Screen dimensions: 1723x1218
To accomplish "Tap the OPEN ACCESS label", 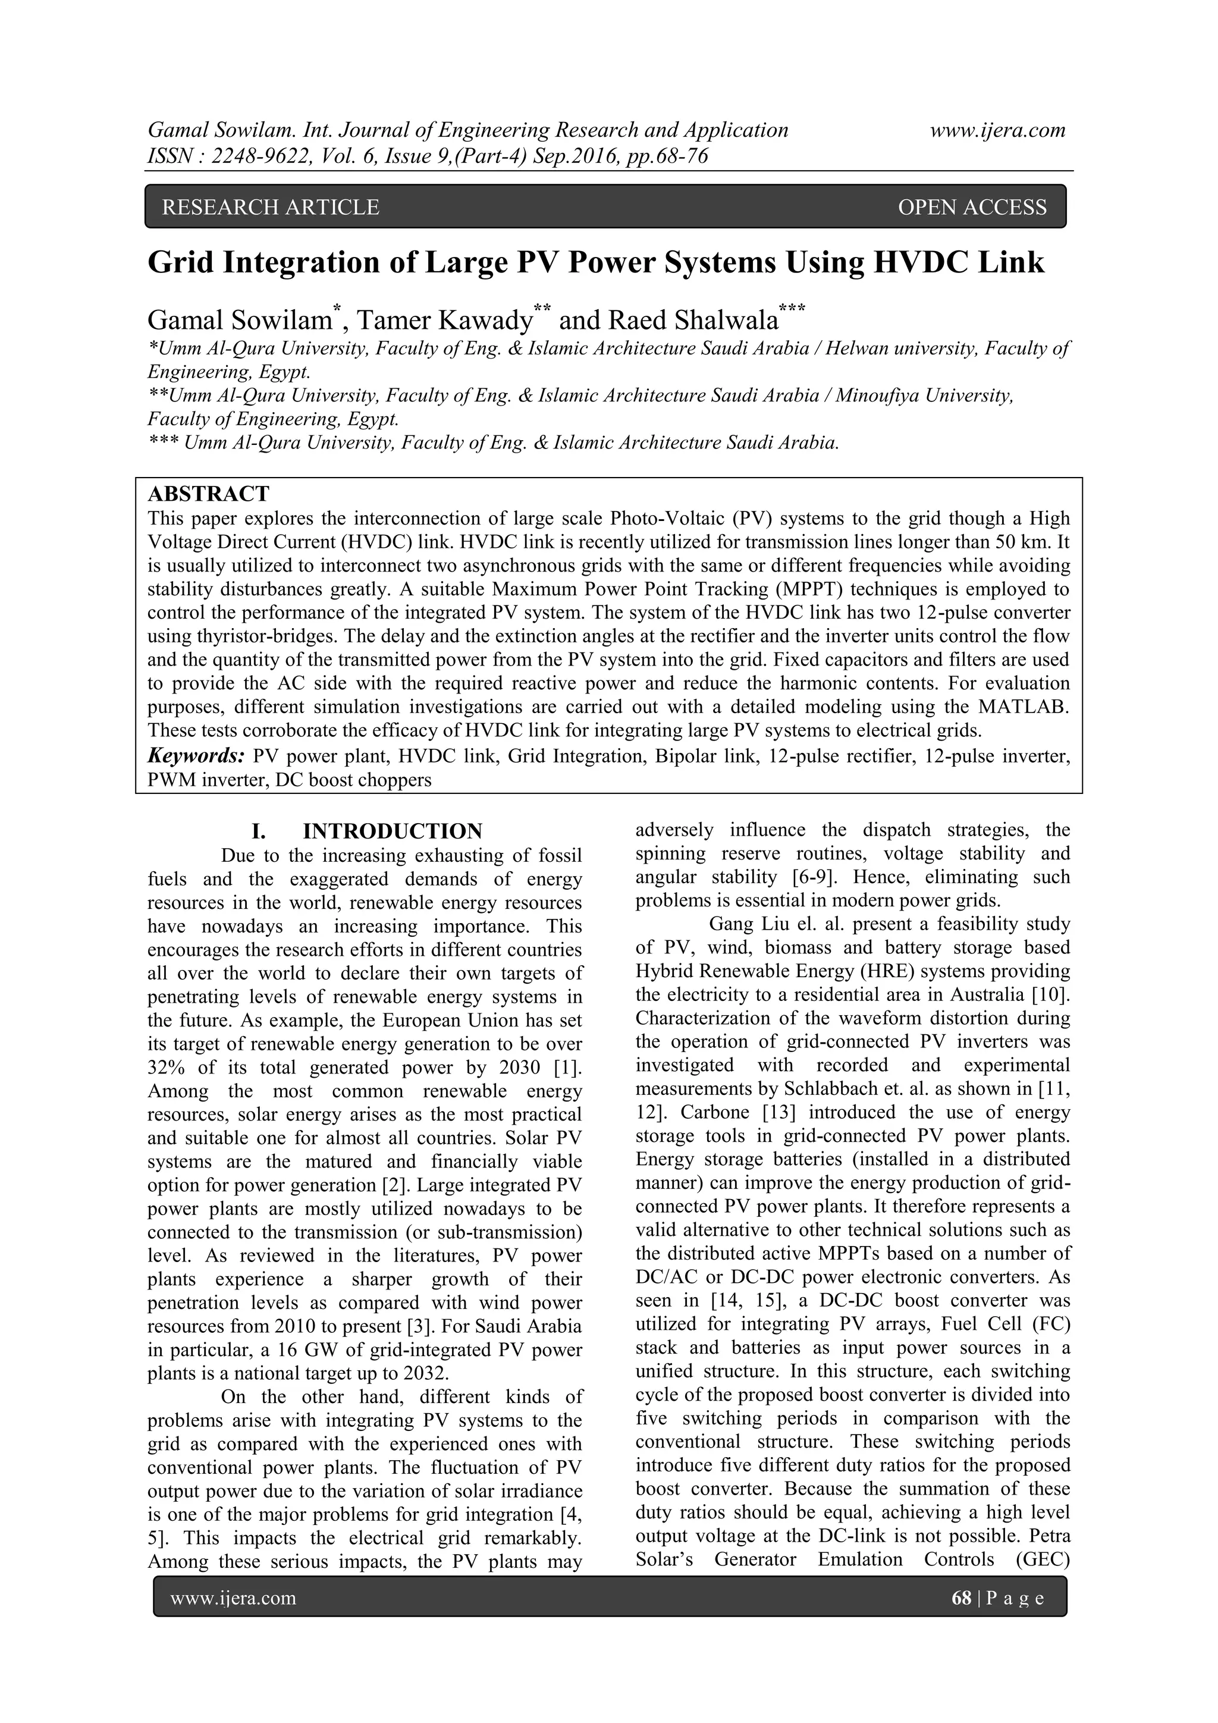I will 972,207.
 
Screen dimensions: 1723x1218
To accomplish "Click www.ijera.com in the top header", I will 997,130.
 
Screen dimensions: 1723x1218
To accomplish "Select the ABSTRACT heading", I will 208,494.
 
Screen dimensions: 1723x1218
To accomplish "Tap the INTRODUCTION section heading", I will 393,831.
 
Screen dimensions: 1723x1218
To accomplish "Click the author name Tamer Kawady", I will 444,321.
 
